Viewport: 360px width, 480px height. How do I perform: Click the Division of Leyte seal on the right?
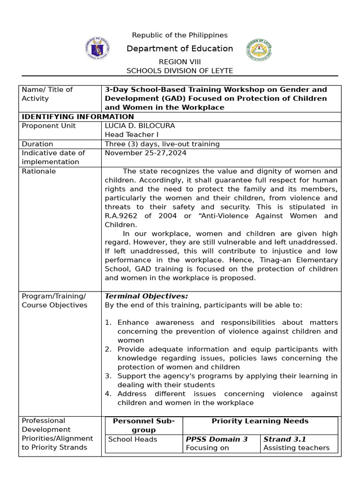point(259,50)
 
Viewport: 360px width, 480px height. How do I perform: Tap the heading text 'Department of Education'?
point(180,48)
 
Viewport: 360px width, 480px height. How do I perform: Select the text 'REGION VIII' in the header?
point(180,62)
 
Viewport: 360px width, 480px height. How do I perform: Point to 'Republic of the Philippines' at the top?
point(180,35)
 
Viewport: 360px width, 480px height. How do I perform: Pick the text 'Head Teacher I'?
point(128,135)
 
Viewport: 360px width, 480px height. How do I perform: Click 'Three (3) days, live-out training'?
point(162,144)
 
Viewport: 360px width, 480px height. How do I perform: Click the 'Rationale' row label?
point(38,171)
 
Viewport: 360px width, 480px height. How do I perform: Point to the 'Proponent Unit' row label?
point(48,126)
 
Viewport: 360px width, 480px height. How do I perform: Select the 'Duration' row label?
point(37,144)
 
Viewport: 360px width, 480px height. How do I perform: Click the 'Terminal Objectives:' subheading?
point(146,296)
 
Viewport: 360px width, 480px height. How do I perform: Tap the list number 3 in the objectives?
point(108,376)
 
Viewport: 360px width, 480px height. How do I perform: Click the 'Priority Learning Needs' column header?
point(260,421)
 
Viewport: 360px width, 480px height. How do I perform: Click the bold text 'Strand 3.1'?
point(284,439)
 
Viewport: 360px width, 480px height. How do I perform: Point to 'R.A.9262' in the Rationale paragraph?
point(121,216)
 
